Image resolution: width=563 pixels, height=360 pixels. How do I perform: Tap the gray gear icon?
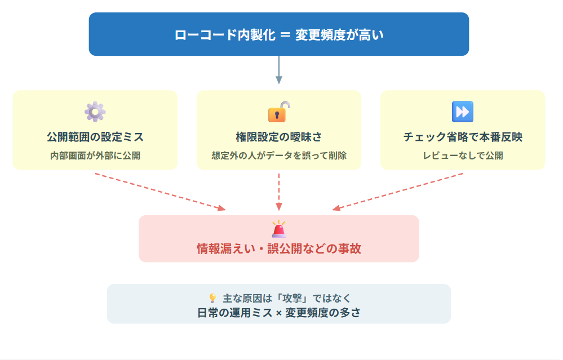pyautogui.click(x=95, y=112)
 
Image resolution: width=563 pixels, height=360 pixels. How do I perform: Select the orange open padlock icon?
pyautogui.click(x=279, y=112)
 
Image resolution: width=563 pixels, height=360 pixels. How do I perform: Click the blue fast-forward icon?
pyautogui.click(x=462, y=112)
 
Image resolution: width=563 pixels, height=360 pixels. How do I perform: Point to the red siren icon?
pyautogui.click(x=278, y=229)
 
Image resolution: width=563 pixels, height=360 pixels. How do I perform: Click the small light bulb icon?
pyautogui.click(x=212, y=298)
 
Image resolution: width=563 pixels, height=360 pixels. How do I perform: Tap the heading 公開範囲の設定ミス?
pyautogui.click(x=95, y=137)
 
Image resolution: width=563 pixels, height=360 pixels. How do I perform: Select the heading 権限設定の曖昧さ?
pyautogui.click(x=278, y=137)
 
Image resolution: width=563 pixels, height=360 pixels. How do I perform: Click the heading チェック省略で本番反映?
pyautogui.click(x=463, y=137)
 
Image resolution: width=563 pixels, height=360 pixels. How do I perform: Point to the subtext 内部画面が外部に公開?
pyautogui.click(x=95, y=155)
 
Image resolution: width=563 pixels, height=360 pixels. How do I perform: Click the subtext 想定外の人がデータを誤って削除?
pyautogui.click(x=278, y=155)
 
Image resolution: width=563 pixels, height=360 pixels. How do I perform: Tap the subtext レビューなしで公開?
pyautogui.click(x=463, y=155)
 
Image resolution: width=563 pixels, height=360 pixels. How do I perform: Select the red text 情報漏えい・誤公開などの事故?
pyautogui.click(x=278, y=248)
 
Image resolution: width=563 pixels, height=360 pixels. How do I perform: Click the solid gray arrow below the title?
pyautogui.click(x=278, y=70)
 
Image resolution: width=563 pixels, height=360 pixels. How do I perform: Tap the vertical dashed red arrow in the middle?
pyautogui.click(x=278, y=192)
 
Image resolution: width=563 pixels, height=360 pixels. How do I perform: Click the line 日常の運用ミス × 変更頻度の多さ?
pyautogui.click(x=278, y=313)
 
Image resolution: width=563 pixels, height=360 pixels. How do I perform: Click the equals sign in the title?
pyautogui.click(x=285, y=35)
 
